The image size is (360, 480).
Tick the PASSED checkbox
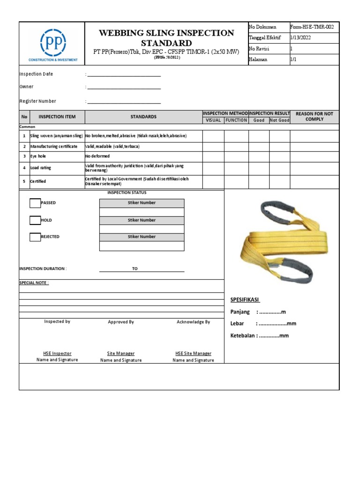[35, 203]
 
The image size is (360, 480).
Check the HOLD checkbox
[35, 220]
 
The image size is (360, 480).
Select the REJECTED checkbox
[35, 237]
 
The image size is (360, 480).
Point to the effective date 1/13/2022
[300, 38]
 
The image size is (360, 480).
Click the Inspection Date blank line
[124, 75]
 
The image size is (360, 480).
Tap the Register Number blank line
[124, 102]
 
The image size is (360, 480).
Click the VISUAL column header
[213, 120]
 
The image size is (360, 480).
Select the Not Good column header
[279, 120]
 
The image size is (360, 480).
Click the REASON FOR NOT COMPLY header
[314, 117]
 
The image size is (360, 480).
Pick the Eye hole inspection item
[38, 156]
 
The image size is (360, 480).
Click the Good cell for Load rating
[259, 168]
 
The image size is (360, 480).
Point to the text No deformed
[97, 156]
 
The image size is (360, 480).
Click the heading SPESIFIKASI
[245, 300]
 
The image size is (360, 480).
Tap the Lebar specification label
[237, 323]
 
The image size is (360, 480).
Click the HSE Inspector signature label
[57, 353]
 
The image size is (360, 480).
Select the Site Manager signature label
[120, 353]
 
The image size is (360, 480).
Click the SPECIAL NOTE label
[34, 283]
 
